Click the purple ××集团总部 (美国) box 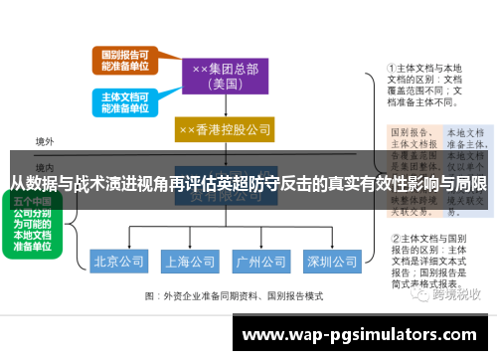click(225, 77)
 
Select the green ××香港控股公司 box click(225, 129)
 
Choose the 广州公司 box click(260, 262)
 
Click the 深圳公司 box click(331, 262)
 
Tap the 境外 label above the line click(45, 142)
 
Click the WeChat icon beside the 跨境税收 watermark click(424, 294)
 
